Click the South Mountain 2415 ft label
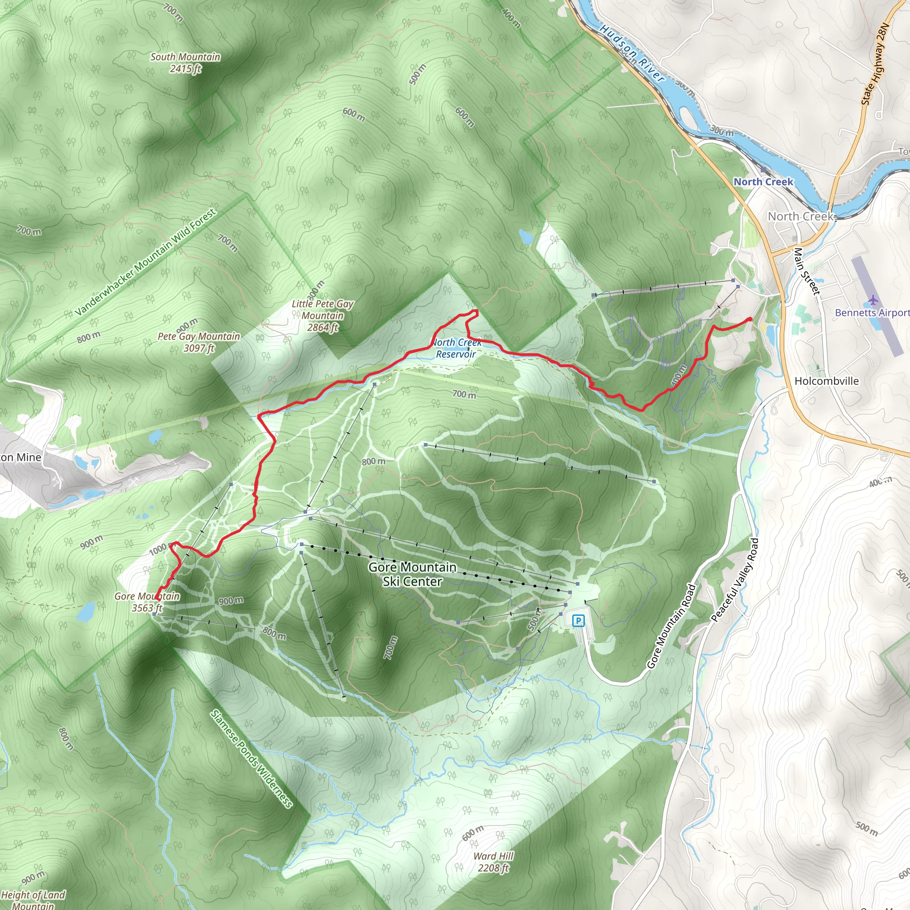tap(185, 63)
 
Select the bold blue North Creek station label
tap(763, 182)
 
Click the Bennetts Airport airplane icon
tap(873, 299)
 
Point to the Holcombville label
tap(826, 381)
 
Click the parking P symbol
tap(578, 621)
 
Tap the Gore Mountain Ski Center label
tap(412, 574)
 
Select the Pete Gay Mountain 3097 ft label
tap(199, 342)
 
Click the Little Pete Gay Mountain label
tap(323, 315)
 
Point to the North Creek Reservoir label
tap(456, 348)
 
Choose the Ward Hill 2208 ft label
tap(493, 862)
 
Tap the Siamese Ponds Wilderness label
tap(251, 758)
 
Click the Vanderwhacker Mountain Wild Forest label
tap(146, 262)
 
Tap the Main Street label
tap(807, 271)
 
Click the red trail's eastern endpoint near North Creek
tap(750, 320)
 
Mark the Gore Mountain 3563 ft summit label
tap(147, 602)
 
